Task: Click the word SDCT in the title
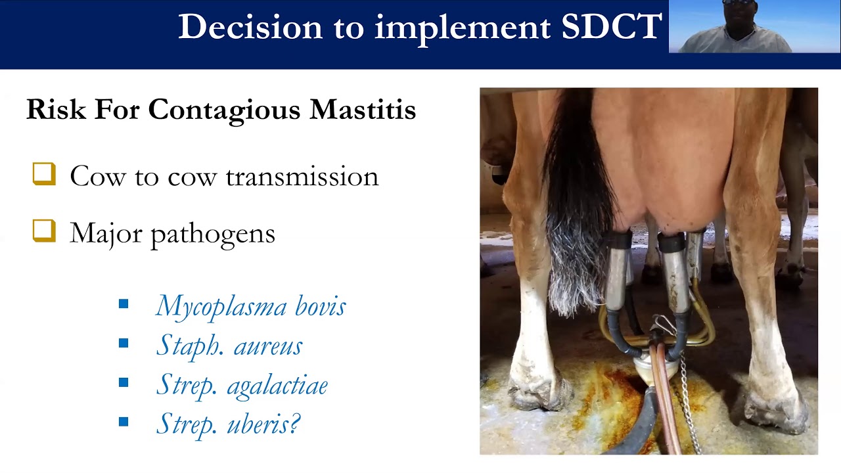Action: [x=611, y=27]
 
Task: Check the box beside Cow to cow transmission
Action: [x=44, y=175]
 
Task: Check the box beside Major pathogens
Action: [x=44, y=231]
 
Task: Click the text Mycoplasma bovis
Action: [x=250, y=307]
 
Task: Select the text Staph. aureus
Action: [x=229, y=346]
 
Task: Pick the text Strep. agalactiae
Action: [x=241, y=386]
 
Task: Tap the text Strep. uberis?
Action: [x=227, y=424]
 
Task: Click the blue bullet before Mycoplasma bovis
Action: [x=124, y=304]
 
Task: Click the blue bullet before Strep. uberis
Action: [x=124, y=422]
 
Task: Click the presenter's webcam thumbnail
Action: [x=754, y=26]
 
